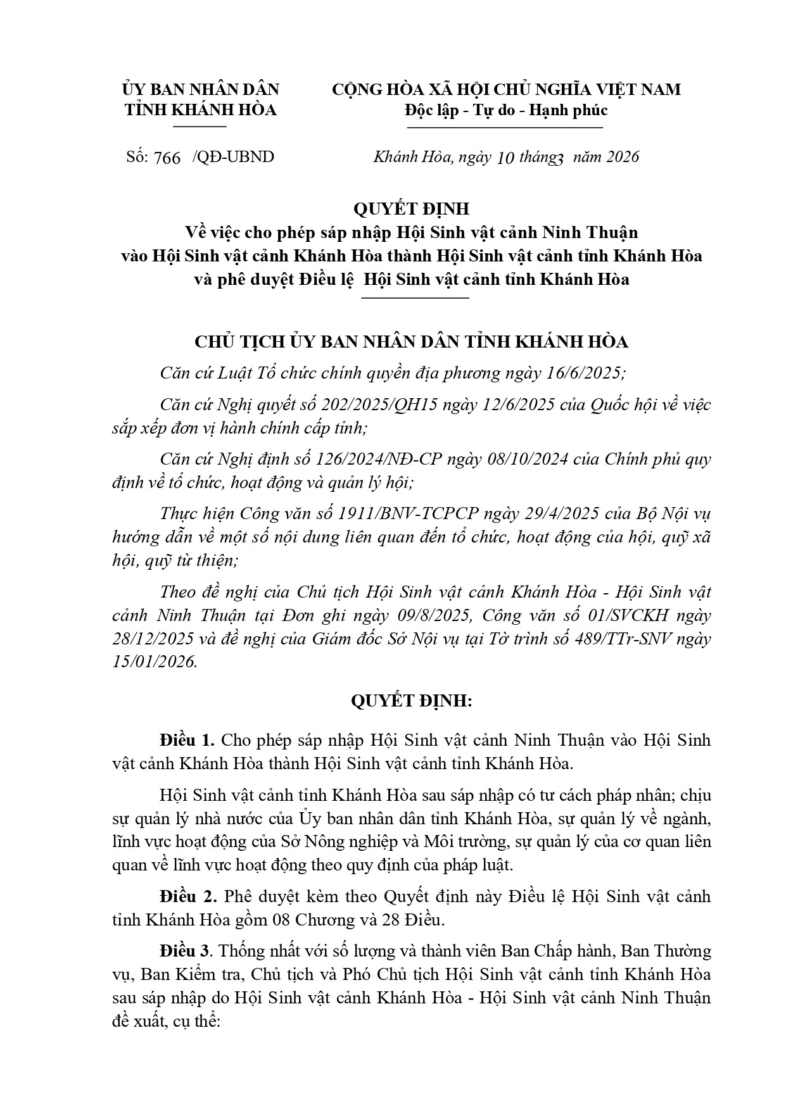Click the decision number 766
click(167, 158)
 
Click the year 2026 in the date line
click(622, 157)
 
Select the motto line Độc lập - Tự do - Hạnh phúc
click(505, 110)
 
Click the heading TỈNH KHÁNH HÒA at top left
click(200, 110)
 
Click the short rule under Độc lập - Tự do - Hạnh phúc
click(505, 128)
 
